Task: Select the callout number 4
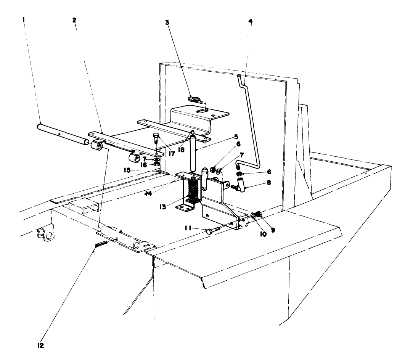point(250,21)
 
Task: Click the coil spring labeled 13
point(193,190)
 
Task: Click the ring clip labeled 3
point(196,100)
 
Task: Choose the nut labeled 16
point(156,165)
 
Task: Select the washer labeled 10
point(254,217)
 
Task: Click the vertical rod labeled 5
point(194,153)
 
